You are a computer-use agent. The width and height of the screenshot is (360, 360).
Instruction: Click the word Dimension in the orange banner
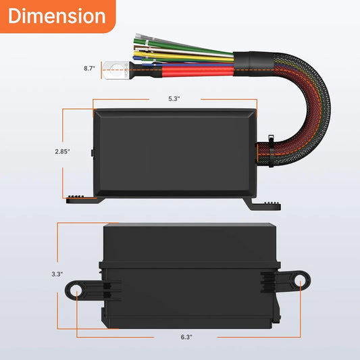pos(57,16)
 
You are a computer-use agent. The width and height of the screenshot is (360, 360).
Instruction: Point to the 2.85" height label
pos(63,151)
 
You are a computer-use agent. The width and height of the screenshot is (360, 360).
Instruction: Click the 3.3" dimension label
pos(57,274)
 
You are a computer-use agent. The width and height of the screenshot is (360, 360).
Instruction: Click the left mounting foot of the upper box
pos(82,197)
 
